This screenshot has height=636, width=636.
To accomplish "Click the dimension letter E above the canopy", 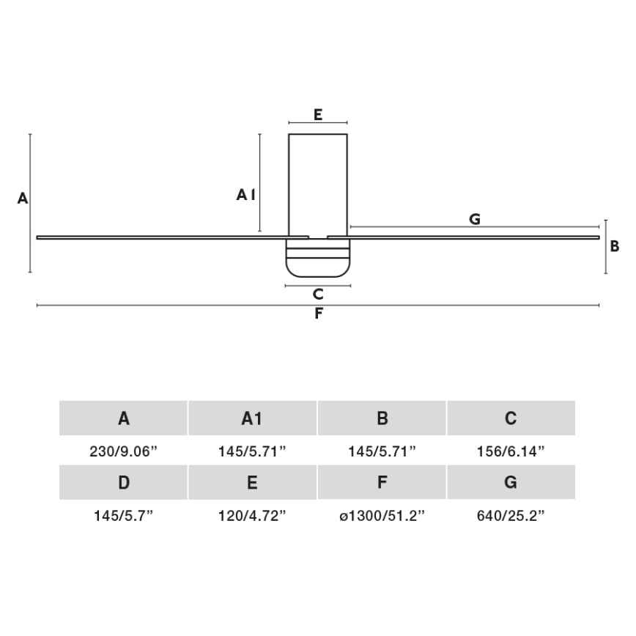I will point(318,114).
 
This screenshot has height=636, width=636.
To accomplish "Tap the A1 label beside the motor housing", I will point(245,195).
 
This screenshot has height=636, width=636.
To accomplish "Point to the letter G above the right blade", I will point(475,218).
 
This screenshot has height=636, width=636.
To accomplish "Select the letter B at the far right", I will point(615,246).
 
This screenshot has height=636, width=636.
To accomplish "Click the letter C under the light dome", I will point(318,295).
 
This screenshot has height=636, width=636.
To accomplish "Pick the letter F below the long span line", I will point(318,314).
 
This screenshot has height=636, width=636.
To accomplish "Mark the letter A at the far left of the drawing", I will point(22,198).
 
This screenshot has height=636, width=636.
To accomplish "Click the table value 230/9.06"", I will point(124,452).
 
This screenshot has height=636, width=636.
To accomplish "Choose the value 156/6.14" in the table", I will point(511,452).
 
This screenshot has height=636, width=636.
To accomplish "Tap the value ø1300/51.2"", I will point(382,516).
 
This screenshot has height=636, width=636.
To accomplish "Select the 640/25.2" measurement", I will point(511,516).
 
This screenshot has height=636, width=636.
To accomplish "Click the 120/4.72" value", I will point(252,516).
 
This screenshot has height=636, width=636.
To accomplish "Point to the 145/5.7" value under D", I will point(124,516).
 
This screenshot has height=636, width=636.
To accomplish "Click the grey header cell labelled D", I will point(124,483).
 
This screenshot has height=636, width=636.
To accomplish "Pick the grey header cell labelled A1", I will point(252,418).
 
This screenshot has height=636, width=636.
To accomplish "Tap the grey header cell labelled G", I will point(511,483).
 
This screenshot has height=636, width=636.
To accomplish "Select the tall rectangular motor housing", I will point(318,183).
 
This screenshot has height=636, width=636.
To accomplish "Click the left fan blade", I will point(161,237).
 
